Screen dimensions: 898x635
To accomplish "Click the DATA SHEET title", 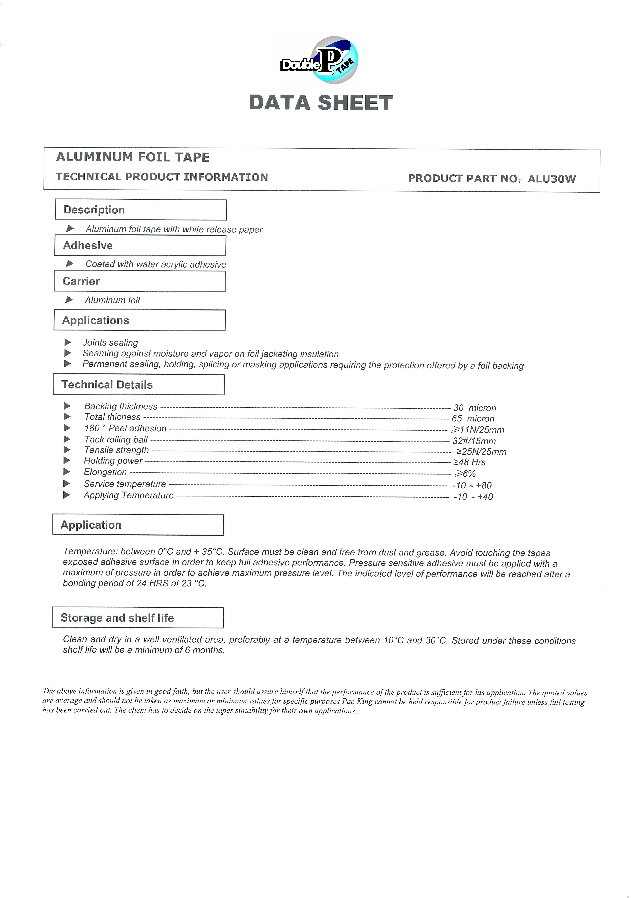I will (x=321, y=103).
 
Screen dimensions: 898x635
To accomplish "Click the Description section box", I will (x=140, y=210).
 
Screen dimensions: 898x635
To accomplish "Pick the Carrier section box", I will (x=140, y=281).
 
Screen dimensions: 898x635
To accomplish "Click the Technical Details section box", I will (x=139, y=384).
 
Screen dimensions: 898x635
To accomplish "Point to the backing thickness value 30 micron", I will (x=475, y=408).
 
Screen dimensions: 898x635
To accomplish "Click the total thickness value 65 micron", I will (x=473, y=419).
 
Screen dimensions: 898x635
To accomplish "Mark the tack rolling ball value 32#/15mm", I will (x=474, y=441).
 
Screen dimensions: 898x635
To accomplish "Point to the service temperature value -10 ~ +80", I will (x=472, y=485).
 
